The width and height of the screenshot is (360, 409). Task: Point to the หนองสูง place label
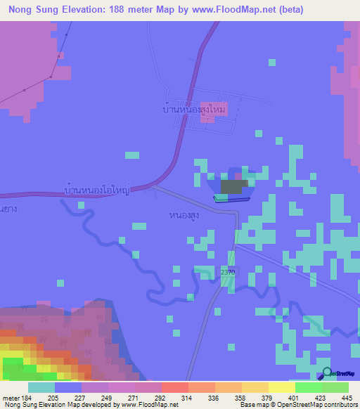tap(184, 215)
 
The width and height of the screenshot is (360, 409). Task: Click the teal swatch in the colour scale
tap(41, 388)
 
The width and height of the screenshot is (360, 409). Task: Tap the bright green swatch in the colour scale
tap(308, 388)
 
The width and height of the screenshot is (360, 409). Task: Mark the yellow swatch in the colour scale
tap(281, 388)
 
